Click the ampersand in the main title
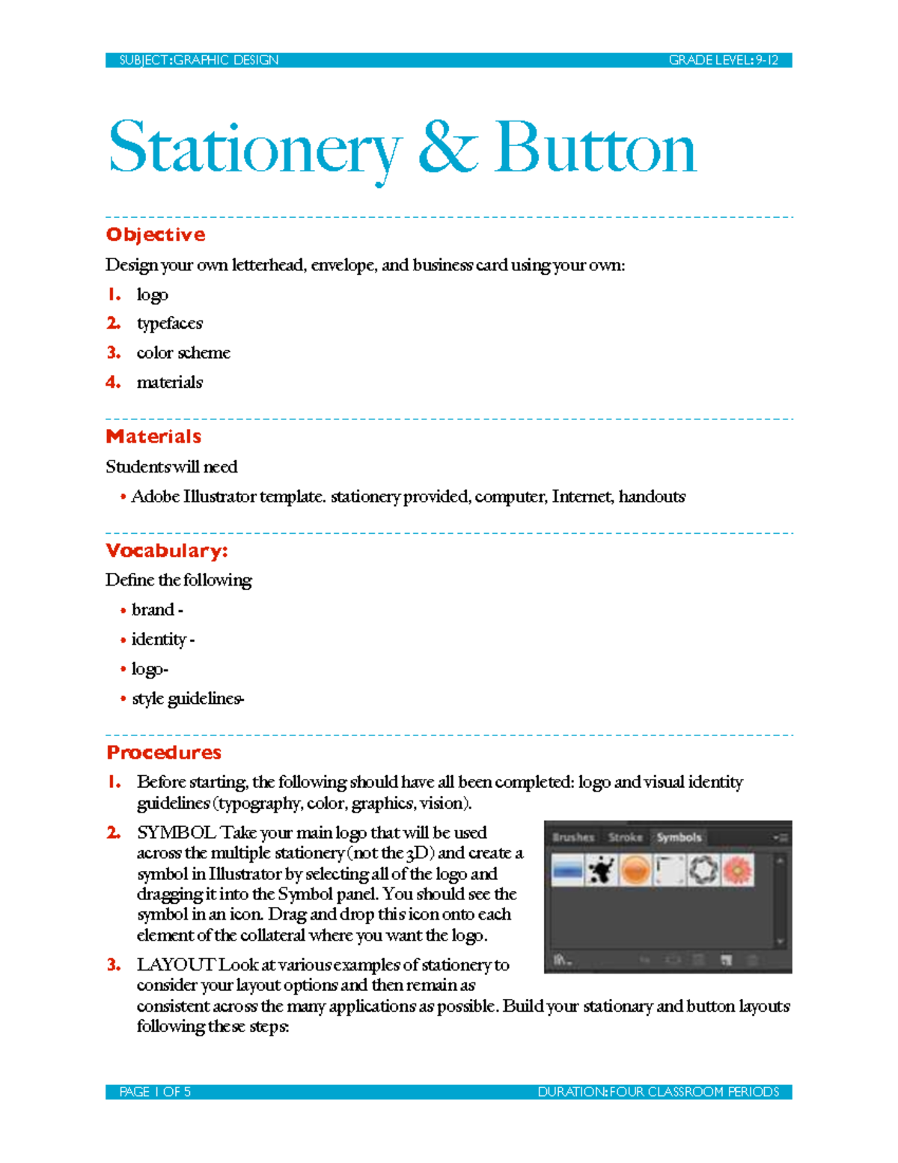click(447, 148)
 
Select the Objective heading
click(156, 234)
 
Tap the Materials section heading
click(153, 437)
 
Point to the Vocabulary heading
click(166, 550)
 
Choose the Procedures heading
click(164, 753)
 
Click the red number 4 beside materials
click(113, 382)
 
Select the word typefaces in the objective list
click(169, 324)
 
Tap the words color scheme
click(183, 353)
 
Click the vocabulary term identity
click(159, 640)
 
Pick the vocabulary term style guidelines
click(187, 699)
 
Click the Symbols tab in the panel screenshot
click(679, 837)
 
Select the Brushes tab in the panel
click(573, 837)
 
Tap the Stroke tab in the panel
click(625, 837)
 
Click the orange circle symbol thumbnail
click(635, 870)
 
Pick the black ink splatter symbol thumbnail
click(601, 870)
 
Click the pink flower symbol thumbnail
click(738, 870)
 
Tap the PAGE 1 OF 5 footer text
click(155, 1092)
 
